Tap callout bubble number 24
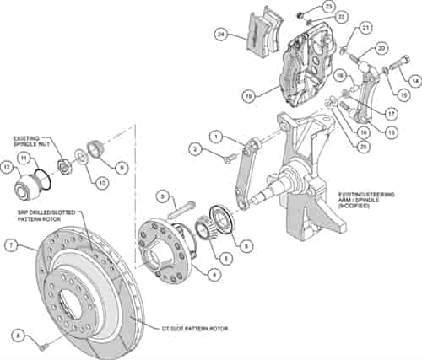(221, 35)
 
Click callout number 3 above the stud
(159, 196)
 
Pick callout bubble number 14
(414, 81)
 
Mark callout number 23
(327, 7)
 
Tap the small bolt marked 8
(39, 340)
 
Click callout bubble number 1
(216, 135)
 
